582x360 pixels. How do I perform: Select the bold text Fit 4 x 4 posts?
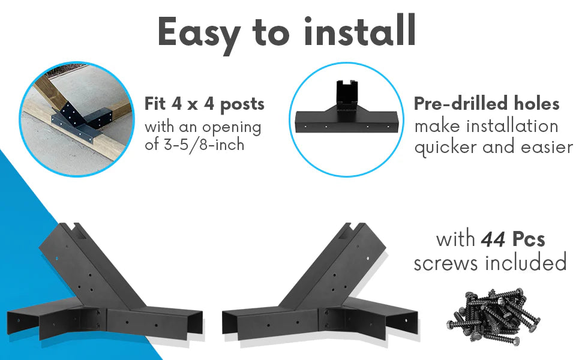pyautogui.click(x=205, y=104)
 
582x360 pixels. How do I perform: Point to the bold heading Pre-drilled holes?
pyautogui.click(x=486, y=104)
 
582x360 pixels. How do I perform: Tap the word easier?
pyautogui.click(x=547, y=148)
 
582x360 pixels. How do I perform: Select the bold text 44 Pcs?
pyautogui.click(x=512, y=239)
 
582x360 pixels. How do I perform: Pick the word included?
pyautogui.click(x=526, y=262)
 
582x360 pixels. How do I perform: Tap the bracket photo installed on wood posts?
pyautogui.click(x=77, y=119)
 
